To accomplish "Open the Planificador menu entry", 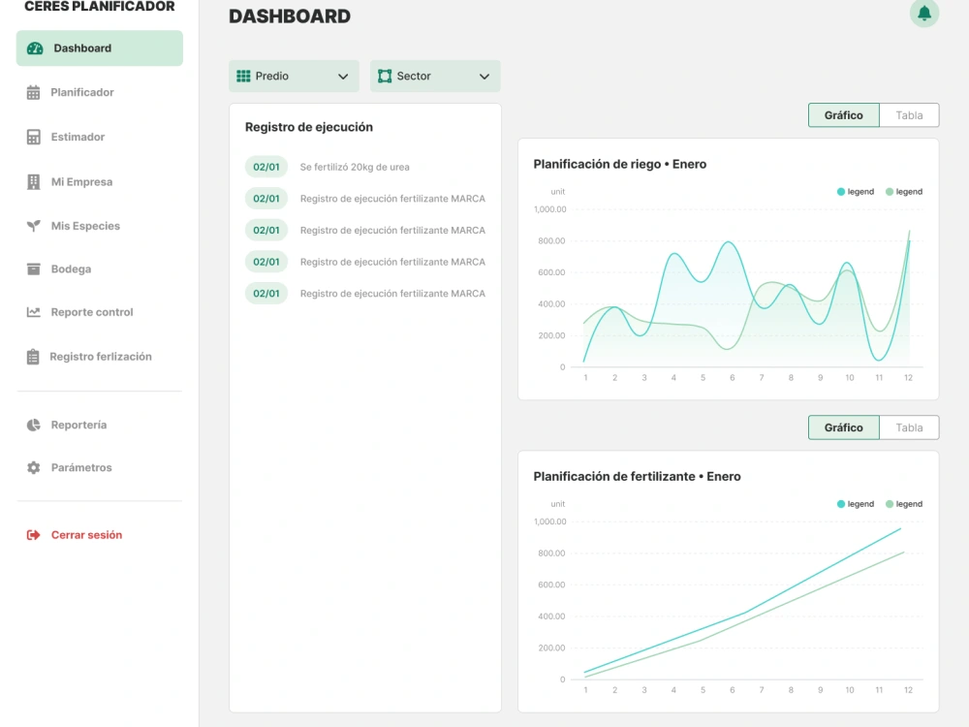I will [x=81, y=93].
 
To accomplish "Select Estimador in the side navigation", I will [x=78, y=138].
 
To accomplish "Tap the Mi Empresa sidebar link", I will [x=81, y=182].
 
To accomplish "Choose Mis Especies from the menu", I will [x=85, y=227].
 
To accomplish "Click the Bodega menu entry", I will [x=71, y=269].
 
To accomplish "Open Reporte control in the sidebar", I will [x=91, y=313].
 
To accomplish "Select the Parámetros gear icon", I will [x=34, y=468].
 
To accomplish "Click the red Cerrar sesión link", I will [x=85, y=535].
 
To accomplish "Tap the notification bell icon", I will [x=924, y=14].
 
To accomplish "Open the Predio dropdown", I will [x=293, y=77].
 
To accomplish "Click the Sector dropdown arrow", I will [x=484, y=77].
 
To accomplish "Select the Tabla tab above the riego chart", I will [x=909, y=115].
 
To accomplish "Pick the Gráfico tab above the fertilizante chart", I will [x=843, y=427].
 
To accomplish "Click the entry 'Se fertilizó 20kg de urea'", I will [x=355, y=168].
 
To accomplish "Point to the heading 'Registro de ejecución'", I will [x=309, y=127].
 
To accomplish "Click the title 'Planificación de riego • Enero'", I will [x=620, y=165].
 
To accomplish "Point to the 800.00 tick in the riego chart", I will [x=550, y=241].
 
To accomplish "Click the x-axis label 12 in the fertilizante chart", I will [x=908, y=690].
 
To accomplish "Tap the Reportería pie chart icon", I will [x=34, y=426].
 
